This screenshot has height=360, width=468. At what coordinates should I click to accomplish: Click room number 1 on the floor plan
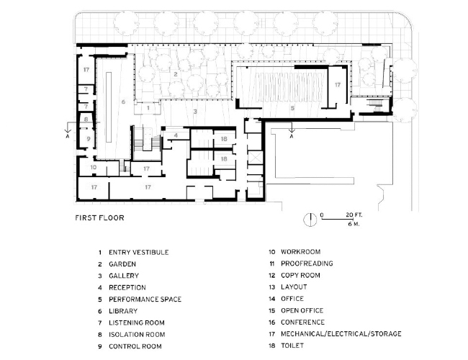(x=148, y=107)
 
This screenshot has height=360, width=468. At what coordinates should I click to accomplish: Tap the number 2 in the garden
(x=175, y=74)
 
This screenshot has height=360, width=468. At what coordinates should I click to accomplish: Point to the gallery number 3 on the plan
(x=194, y=112)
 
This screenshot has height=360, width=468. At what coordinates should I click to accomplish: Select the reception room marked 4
(x=176, y=135)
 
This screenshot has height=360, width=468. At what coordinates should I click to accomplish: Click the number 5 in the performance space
(x=292, y=107)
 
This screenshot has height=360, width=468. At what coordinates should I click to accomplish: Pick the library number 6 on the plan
(x=123, y=102)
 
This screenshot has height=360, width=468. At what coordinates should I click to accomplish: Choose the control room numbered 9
(x=86, y=137)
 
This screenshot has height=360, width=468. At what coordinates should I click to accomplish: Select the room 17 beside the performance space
(x=337, y=85)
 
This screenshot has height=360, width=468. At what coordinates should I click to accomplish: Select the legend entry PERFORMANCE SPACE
(x=145, y=299)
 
